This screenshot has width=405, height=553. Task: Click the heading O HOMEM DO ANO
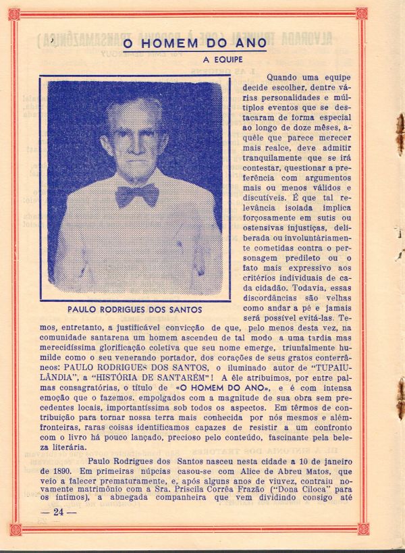tap(194, 45)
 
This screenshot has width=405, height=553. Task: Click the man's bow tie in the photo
tap(136, 195)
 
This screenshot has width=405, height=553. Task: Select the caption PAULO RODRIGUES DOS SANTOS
tap(135, 310)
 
